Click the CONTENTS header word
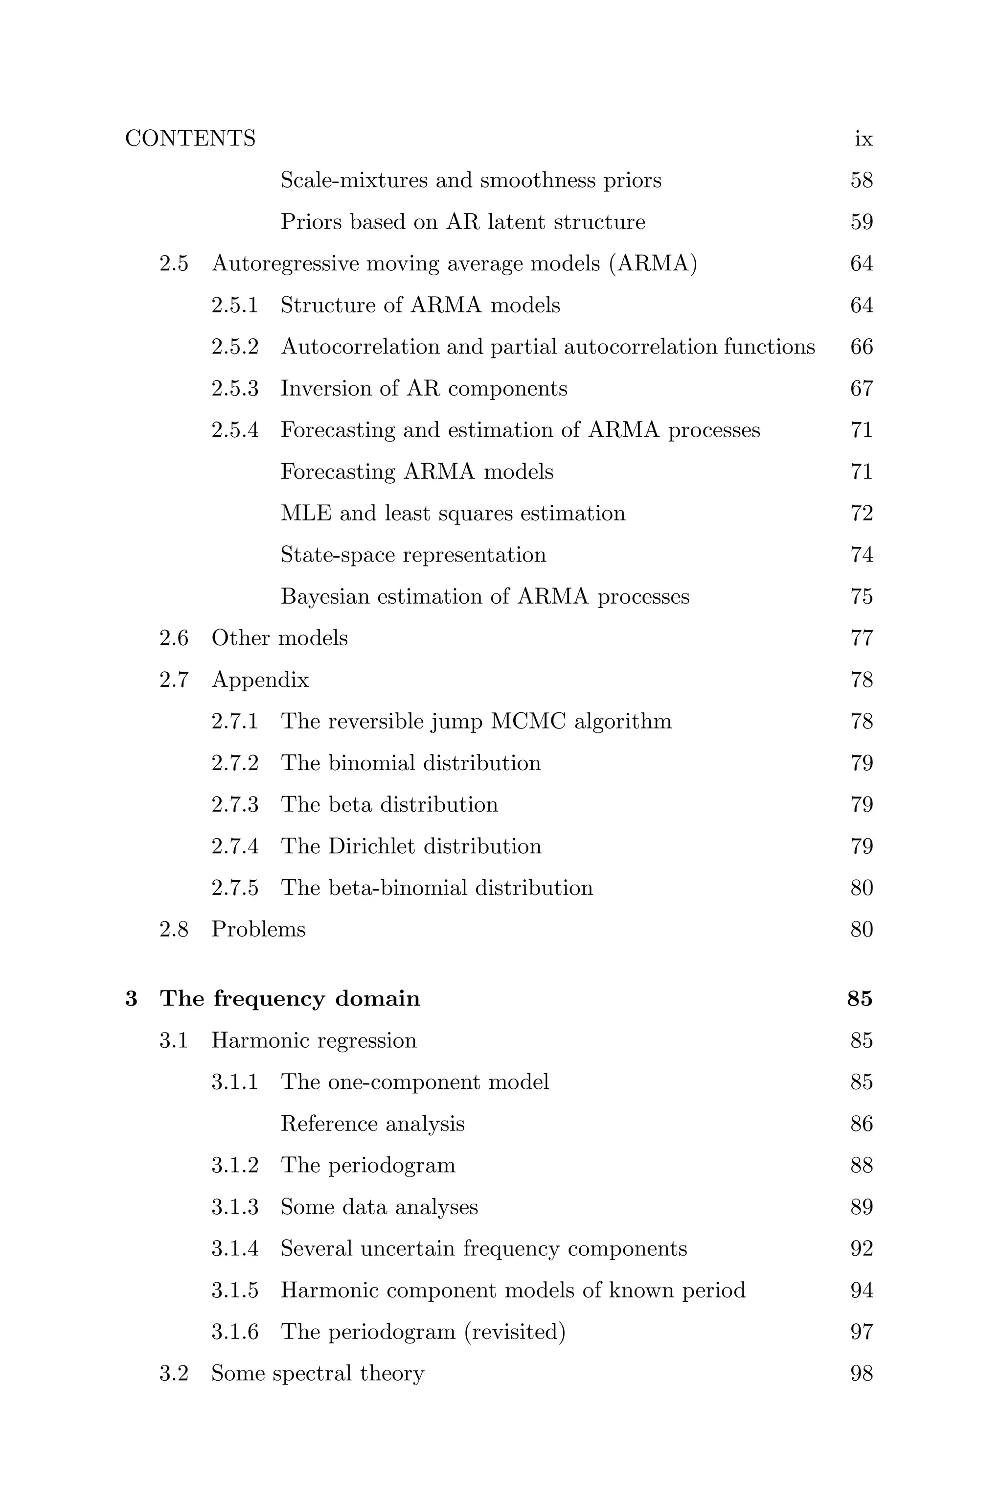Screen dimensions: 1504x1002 coord(190,139)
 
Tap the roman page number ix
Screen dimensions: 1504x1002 coord(864,139)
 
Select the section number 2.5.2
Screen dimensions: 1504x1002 coord(234,347)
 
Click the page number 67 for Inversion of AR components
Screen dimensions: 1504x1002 coord(862,388)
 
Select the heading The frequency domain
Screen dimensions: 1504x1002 coord(290,998)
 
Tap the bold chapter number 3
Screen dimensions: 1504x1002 coord(132,998)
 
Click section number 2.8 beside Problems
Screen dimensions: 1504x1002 coord(174,929)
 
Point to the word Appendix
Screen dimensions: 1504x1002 coord(260,680)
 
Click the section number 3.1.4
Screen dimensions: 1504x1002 coord(234,1249)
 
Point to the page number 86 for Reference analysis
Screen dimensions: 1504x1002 coord(862,1124)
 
